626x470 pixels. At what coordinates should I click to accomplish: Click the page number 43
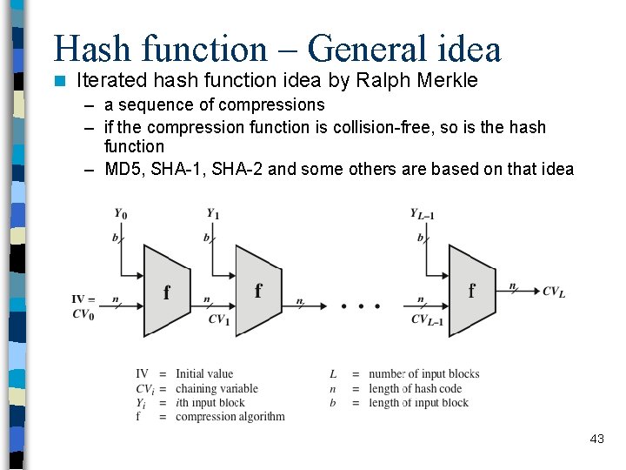[x=596, y=440]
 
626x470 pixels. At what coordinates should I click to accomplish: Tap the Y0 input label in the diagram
[x=119, y=214]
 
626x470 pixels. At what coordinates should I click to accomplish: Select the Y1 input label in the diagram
[x=212, y=214]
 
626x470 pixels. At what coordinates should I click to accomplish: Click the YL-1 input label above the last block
[x=423, y=214]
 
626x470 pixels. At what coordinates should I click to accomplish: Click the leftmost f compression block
[x=166, y=292]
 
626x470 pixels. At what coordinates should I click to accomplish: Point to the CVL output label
[x=554, y=292]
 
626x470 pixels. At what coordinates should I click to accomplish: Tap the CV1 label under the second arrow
[x=218, y=319]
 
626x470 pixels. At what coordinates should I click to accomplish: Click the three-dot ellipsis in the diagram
[x=360, y=306]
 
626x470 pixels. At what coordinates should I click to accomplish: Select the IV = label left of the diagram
[x=83, y=300]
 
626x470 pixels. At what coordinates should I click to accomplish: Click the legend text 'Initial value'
[x=204, y=374]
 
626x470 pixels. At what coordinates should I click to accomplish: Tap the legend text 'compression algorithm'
[x=230, y=416]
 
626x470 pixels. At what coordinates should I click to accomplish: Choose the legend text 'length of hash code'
[x=415, y=388]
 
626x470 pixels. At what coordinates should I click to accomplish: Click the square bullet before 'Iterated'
[x=60, y=81]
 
